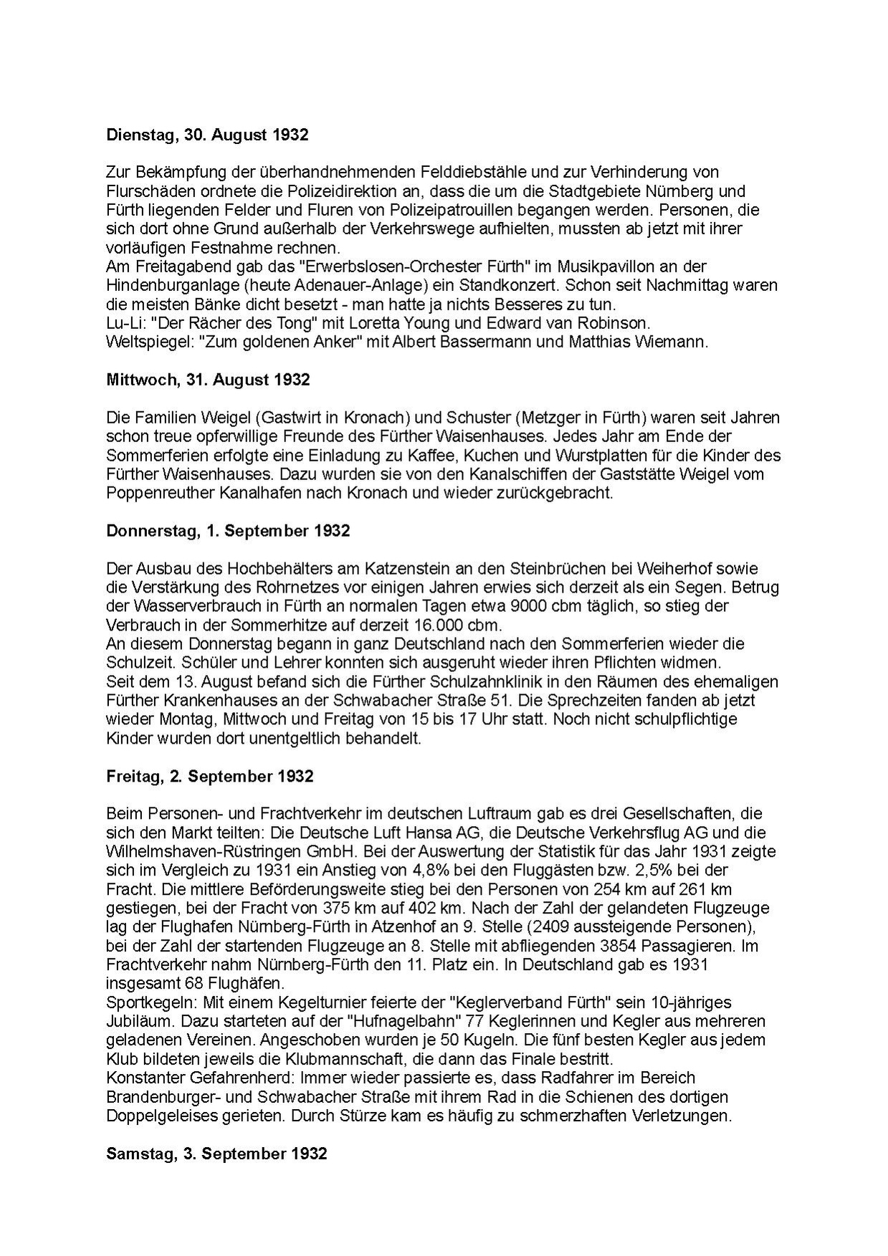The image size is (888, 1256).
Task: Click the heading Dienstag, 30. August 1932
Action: tap(207, 135)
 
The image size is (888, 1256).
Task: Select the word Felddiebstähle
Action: tap(444, 173)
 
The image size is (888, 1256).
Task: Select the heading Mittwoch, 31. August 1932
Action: tap(208, 380)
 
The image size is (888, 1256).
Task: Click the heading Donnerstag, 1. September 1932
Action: tap(228, 531)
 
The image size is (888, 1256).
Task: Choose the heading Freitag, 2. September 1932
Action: tap(209, 776)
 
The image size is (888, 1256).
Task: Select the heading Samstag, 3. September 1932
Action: tap(216, 1154)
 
